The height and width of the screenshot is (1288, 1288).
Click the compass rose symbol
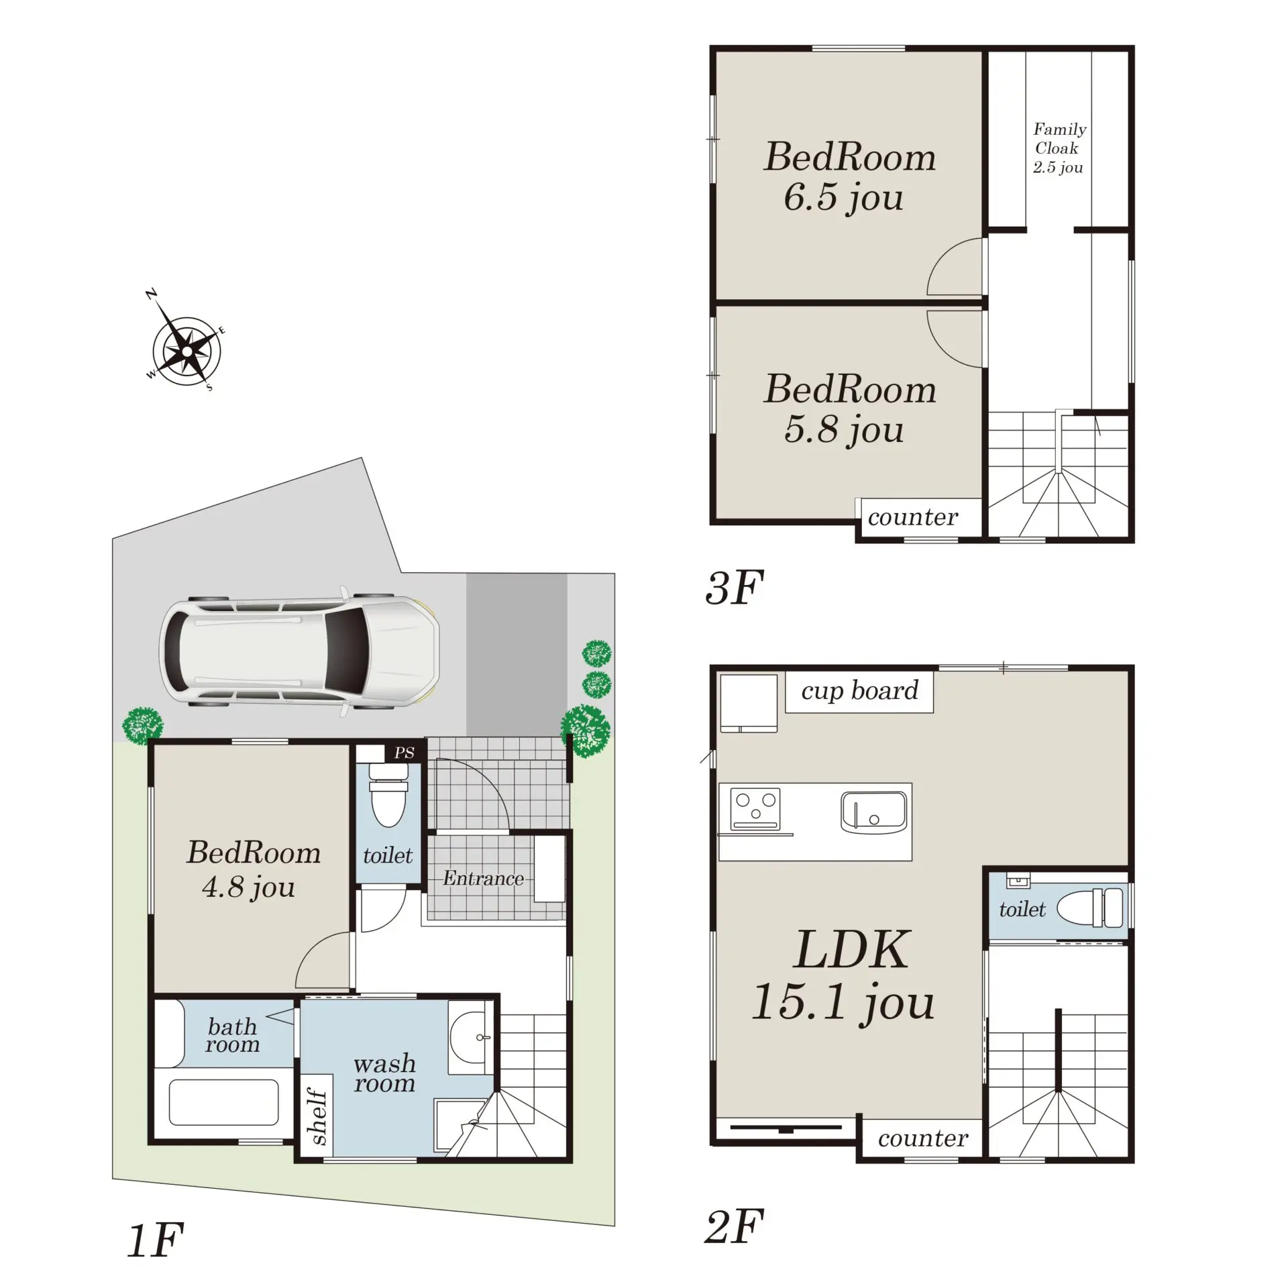click(186, 351)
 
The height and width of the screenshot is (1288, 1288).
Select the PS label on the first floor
click(405, 753)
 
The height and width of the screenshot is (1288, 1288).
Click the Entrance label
click(483, 878)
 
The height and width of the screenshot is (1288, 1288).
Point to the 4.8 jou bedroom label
click(253, 869)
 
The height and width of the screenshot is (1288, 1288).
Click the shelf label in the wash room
click(317, 1116)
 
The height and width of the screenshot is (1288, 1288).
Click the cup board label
click(859, 690)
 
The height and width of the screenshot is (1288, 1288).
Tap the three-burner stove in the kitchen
click(755, 808)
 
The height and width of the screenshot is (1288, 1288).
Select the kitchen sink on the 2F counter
click(873, 812)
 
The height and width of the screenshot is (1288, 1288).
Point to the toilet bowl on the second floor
click(1090, 908)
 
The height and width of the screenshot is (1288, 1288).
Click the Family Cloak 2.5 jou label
click(1059, 148)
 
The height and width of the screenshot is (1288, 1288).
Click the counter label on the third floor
click(913, 517)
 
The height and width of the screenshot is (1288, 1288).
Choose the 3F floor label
click(735, 588)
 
